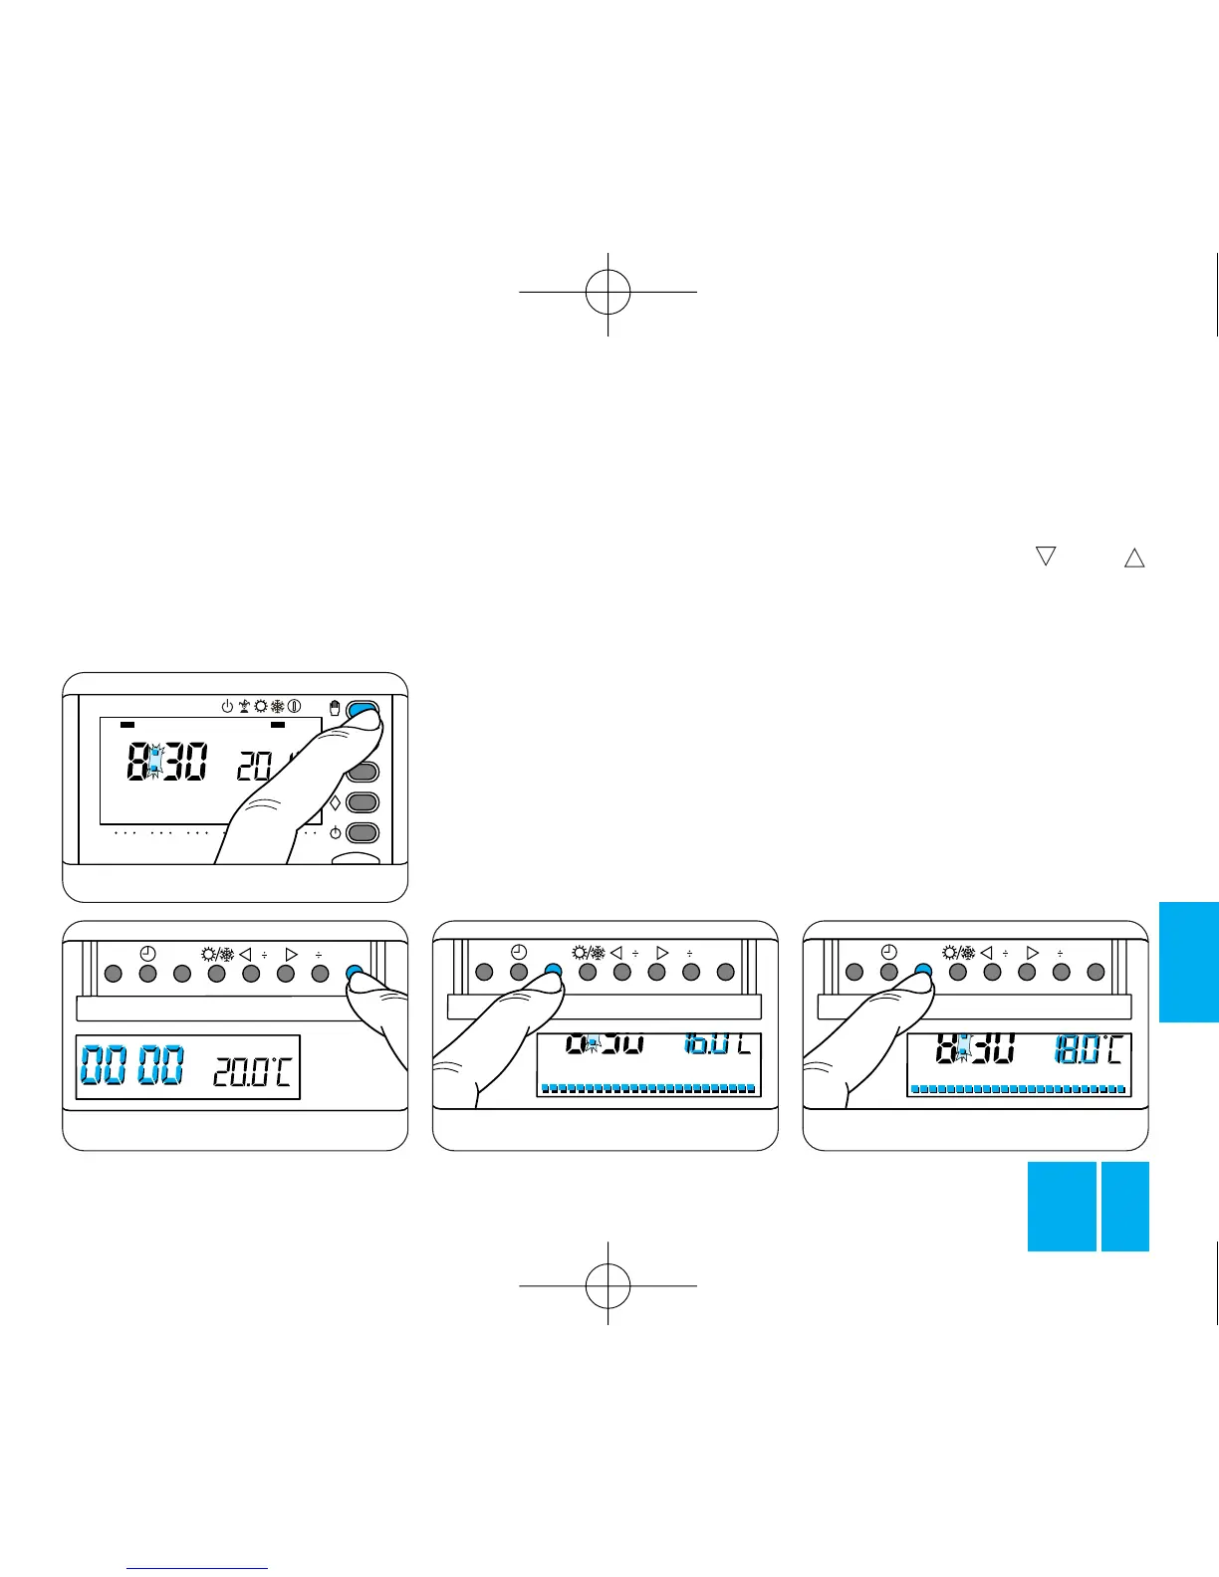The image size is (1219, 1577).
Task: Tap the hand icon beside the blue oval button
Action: (x=336, y=708)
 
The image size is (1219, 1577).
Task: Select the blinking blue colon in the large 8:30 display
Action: (x=153, y=764)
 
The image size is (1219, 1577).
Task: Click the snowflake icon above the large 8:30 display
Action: (x=278, y=706)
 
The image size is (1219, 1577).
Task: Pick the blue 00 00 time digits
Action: (x=131, y=1065)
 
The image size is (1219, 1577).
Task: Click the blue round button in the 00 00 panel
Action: (x=354, y=974)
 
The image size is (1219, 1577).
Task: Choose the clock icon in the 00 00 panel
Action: (x=147, y=953)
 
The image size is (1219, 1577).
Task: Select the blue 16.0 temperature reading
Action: (x=708, y=1045)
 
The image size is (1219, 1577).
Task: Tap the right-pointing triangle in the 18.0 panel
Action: (x=1032, y=953)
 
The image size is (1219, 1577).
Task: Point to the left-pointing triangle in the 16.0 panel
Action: (x=615, y=953)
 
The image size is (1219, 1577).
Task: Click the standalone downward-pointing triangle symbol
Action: (x=1045, y=557)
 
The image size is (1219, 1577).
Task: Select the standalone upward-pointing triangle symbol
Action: (x=1133, y=559)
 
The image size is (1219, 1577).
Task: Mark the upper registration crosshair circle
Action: (x=608, y=292)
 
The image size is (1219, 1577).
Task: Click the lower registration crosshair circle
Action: (x=608, y=1285)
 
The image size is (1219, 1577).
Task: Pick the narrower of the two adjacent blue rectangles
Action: (x=1124, y=1206)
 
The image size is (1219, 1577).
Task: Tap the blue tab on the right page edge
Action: (x=1188, y=962)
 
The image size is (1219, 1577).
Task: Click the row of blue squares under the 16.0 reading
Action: (x=647, y=1089)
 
